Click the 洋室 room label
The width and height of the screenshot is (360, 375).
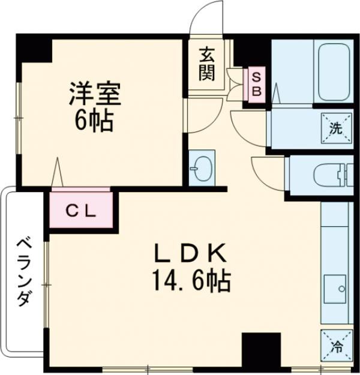point(95,94)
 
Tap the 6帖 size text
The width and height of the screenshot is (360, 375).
point(95,122)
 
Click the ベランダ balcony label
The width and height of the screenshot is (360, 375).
point(22,271)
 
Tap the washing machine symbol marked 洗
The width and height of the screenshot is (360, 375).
point(335,127)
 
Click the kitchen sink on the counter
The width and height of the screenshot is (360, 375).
point(335,290)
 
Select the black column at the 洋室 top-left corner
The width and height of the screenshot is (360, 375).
point(34,48)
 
